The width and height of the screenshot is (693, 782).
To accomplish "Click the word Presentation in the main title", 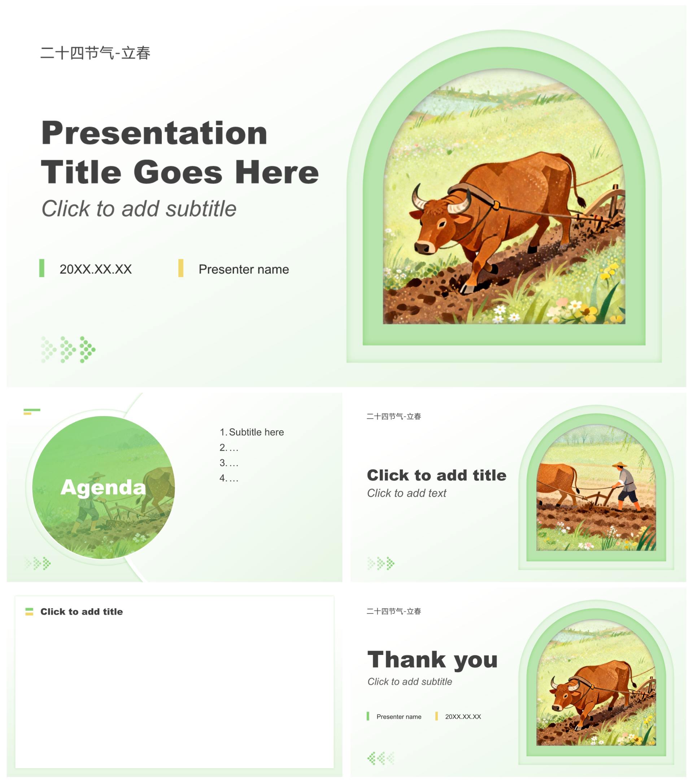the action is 154,133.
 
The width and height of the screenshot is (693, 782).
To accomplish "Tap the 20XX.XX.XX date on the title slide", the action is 96,269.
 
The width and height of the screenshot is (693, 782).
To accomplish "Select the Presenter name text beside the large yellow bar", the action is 244,269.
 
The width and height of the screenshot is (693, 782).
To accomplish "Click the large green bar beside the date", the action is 42,268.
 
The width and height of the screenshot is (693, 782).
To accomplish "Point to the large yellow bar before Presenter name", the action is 180,268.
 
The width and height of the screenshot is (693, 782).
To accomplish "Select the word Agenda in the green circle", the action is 103,487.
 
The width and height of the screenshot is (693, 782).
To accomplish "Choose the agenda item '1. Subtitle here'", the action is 252,432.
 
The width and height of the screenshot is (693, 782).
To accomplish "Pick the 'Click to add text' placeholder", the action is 406,493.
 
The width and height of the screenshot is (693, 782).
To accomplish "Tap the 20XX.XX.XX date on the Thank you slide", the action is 463,717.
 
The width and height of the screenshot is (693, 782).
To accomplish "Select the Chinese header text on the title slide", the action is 95,53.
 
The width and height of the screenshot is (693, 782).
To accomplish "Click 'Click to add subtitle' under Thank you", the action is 409,682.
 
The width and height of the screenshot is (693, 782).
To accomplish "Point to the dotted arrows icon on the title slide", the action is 68,350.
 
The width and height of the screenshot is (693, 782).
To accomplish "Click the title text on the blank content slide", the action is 82,611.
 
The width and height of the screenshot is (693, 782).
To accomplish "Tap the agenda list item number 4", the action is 229,478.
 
